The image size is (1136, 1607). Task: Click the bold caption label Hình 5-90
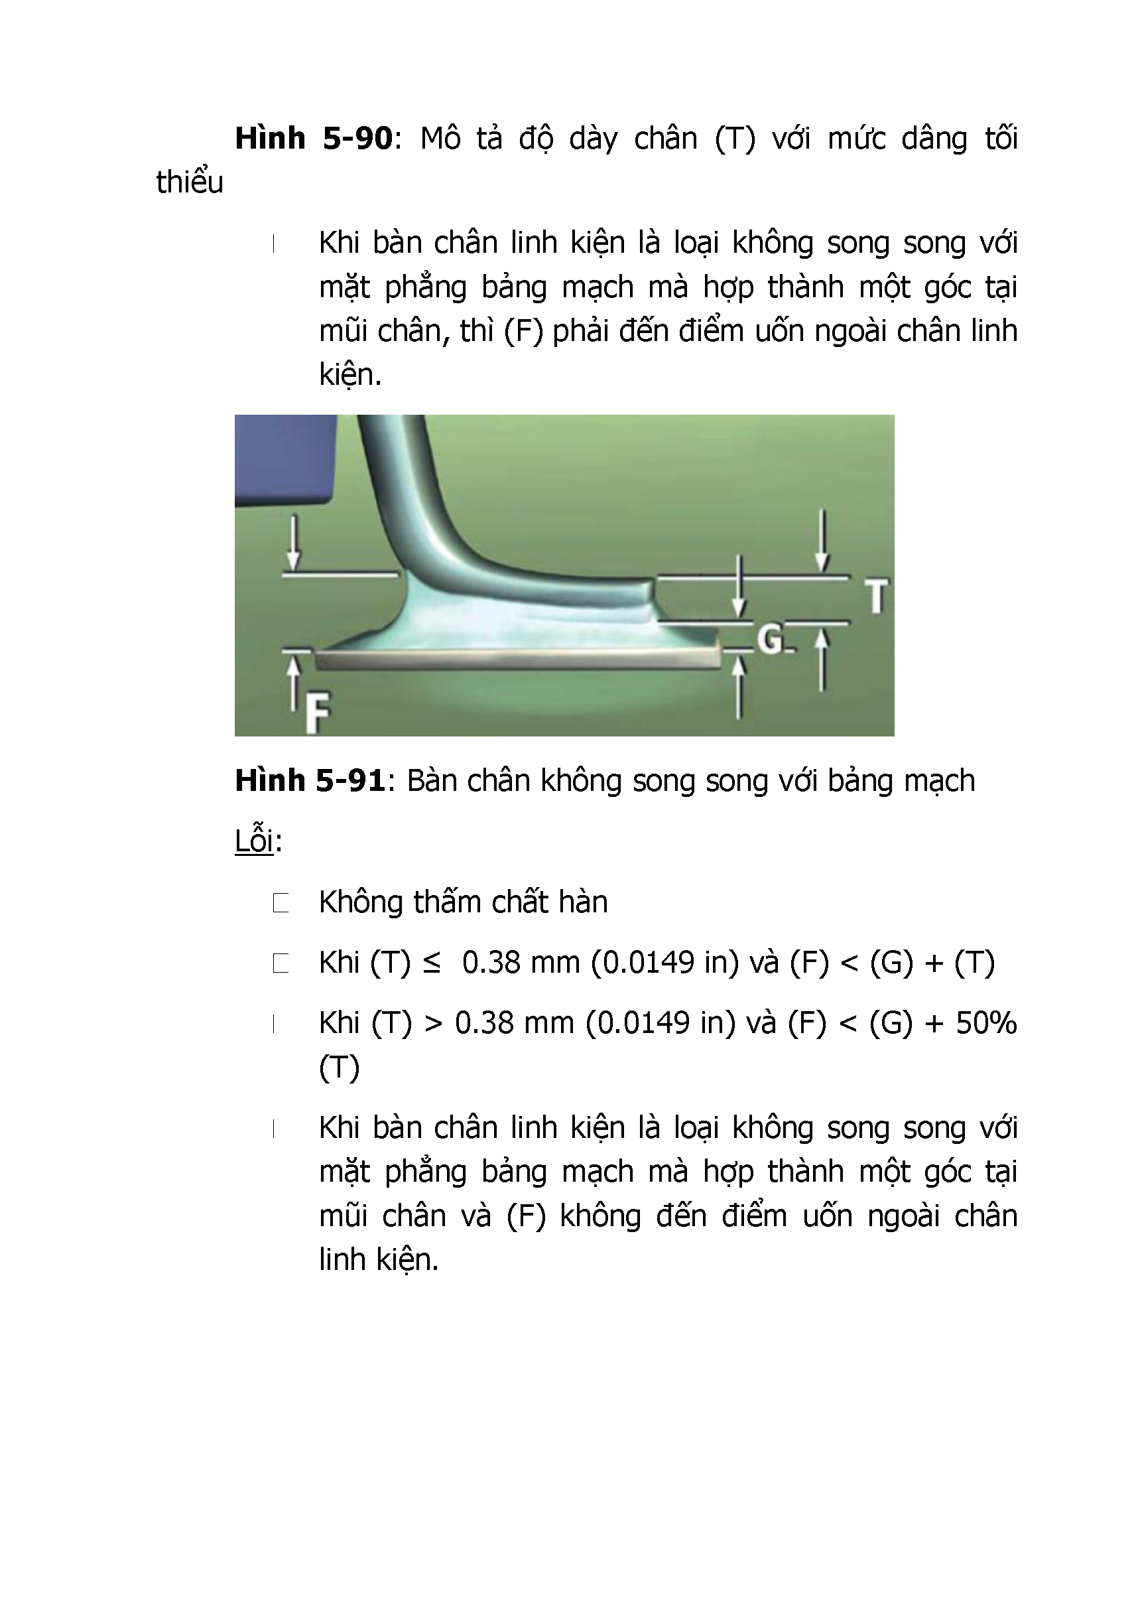pyautogui.click(x=314, y=139)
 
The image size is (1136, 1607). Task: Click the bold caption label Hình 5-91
pyautogui.click(x=309, y=780)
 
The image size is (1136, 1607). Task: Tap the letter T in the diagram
pyautogui.click(x=877, y=596)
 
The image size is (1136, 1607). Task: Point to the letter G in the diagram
pyautogui.click(x=770, y=639)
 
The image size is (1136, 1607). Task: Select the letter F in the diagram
pyautogui.click(x=317, y=713)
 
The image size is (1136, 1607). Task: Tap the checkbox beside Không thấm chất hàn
pyautogui.click(x=281, y=903)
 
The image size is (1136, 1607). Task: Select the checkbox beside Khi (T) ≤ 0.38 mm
pyautogui.click(x=281, y=964)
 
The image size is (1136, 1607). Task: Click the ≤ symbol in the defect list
pyautogui.click(x=432, y=964)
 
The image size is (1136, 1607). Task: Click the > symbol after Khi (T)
pyautogui.click(x=434, y=1024)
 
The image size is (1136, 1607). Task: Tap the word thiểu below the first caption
pyautogui.click(x=190, y=182)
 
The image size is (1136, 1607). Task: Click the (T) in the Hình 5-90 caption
pyautogui.click(x=735, y=139)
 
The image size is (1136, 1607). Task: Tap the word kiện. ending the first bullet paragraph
pyautogui.click(x=349, y=374)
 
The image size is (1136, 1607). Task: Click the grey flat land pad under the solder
pyautogui.click(x=518, y=659)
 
